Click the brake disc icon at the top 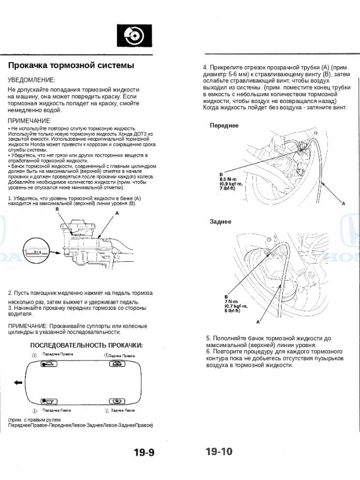[133, 36]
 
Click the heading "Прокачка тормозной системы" [71, 66]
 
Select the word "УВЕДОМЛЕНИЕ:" [32, 80]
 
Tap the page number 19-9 [144, 453]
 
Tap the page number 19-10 [219, 452]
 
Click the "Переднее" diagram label [224, 126]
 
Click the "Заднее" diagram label [221, 222]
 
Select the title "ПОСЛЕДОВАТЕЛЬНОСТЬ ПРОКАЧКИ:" [86, 345]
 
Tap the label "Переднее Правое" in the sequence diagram [57, 354]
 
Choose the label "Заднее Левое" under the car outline [123, 410]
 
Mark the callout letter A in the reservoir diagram [117, 213]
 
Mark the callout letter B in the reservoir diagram [57, 208]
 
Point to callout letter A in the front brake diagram [343, 204]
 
